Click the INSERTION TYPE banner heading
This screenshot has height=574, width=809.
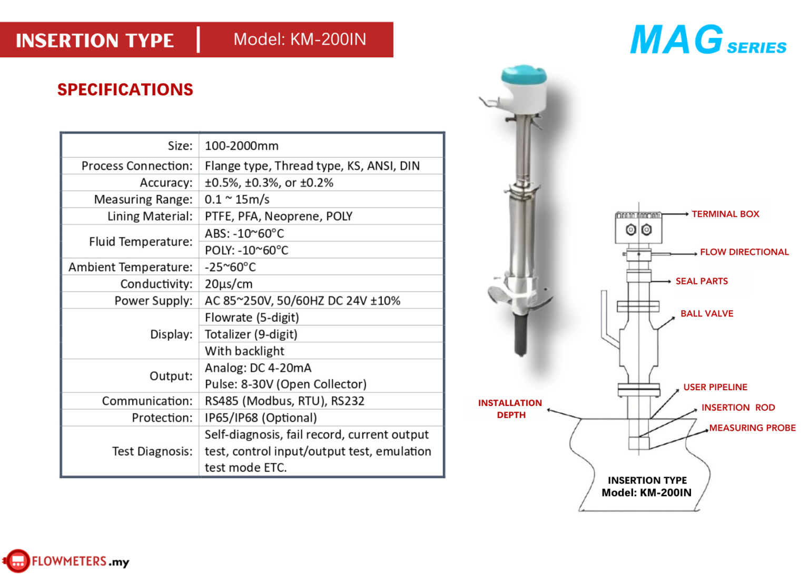click(x=95, y=41)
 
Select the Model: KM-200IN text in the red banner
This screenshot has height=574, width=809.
click(x=300, y=39)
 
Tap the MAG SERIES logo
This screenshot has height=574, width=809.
click(x=707, y=41)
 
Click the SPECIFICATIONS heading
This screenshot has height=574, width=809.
click(x=125, y=90)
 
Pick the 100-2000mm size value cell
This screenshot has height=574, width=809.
click(x=242, y=146)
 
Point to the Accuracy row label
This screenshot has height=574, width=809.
click(x=166, y=183)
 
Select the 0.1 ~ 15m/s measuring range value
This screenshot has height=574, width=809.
click(x=237, y=200)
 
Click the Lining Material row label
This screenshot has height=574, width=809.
click(x=150, y=216)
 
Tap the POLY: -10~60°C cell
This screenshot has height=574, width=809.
click(x=246, y=250)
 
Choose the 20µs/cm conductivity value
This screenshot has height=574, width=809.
click(x=229, y=284)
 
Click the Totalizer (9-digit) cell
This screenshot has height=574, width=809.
click(x=251, y=334)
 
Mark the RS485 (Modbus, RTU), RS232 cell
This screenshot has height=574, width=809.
click(x=284, y=401)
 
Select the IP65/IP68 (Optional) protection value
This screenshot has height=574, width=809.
click(x=261, y=418)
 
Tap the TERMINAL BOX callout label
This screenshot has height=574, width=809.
click(x=725, y=214)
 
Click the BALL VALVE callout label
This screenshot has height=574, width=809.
click(x=707, y=313)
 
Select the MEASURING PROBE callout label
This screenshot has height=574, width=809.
click(x=752, y=428)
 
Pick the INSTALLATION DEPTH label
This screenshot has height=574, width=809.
click(x=510, y=409)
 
